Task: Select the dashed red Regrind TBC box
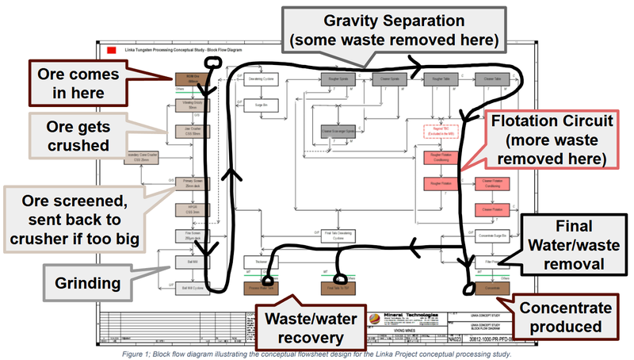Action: point(435,132)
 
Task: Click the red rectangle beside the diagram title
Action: point(111,51)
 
